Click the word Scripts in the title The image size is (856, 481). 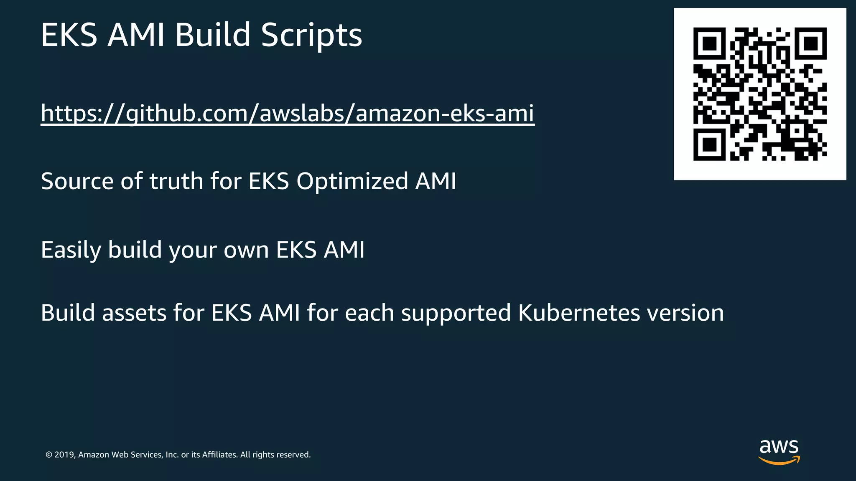pyautogui.click(x=311, y=35)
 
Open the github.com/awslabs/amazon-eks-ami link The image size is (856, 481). pyautogui.click(x=288, y=113)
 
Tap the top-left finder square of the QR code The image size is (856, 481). pyautogui.click(x=710, y=43)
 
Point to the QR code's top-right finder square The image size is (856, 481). pyautogui.click(x=810, y=43)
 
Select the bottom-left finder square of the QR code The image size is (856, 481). pyautogui.click(x=710, y=144)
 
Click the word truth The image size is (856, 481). pyautogui.click(x=176, y=181)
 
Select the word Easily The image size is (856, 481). pyautogui.click(x=71, y=250)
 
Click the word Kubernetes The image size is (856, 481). pyautogui.click(x=579, y=313)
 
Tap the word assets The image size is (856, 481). pyautogui.click(x=134, y=313)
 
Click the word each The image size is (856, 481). pyautogui.click(x=369, y=313)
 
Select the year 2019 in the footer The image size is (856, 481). pyautogui.click(x=65, y=455)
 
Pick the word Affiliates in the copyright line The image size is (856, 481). pyautogui.click(x=219, y=455)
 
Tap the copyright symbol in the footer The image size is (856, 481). pyautogui.click(x=49, y=455)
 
